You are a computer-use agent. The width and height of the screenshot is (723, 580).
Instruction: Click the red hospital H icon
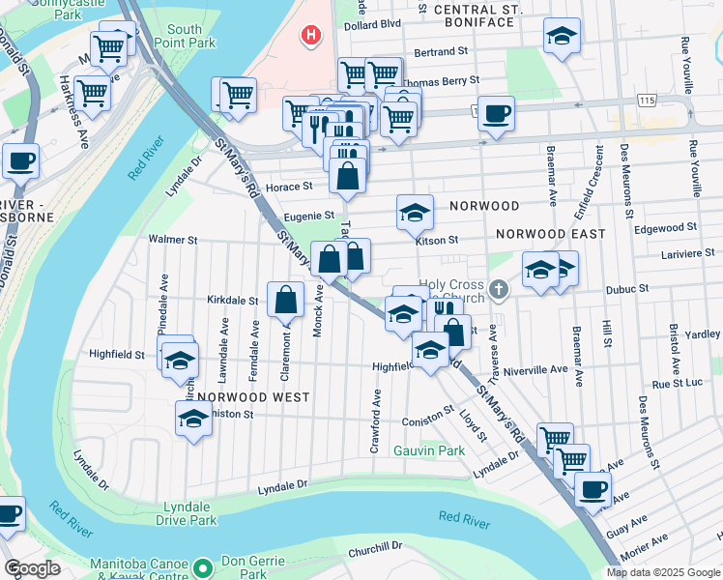pyautogui.click(x=310, y=37)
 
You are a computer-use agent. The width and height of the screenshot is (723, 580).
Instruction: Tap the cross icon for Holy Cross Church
pyautogui.click(x=498, y=288)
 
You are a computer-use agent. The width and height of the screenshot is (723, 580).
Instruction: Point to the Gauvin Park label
pyautogui.click(x=429, y=450)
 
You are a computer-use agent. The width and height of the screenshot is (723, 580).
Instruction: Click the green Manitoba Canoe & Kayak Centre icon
pyautogui.click(x=202, y=566)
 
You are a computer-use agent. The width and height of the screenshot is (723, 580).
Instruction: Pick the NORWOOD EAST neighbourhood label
pyautogui.click(x=550, y=234)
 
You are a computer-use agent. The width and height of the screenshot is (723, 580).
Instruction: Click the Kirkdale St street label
pyautogui.click(x=233, y=301)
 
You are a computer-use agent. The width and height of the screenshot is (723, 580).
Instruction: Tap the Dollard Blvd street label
pyautogui.click(x=371, y=22)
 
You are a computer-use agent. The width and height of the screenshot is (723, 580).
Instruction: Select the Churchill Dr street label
pyautogui.click(x=376, y=548)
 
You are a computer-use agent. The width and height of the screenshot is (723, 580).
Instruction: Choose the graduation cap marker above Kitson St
pyautogui.click(x=415, y=213)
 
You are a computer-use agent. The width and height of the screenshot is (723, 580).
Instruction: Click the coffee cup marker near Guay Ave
pyautogui.click(x=593, y=488)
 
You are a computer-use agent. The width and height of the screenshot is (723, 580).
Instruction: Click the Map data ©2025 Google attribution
pyautogui.click(x=662, y=572)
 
